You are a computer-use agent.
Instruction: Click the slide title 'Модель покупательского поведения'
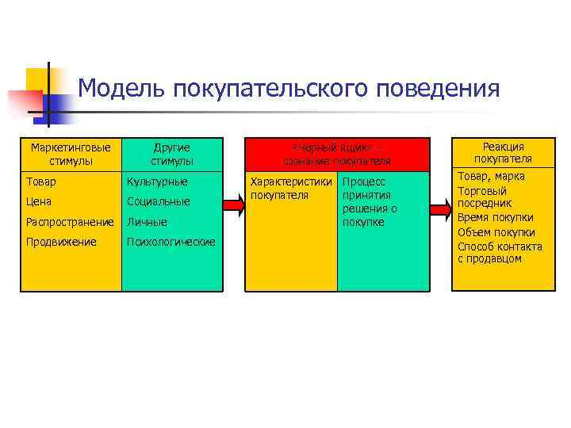[x=289, y=88]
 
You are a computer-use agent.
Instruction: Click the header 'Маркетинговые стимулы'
[x=70, y=154]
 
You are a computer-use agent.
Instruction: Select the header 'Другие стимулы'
[x=171, y=154]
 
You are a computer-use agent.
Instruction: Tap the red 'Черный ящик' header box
[x=341, y=154]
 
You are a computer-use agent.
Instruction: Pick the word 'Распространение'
[x=71, y=222]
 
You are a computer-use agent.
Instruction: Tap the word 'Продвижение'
[x=60, y=241]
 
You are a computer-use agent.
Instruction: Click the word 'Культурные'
[x=157, y=182]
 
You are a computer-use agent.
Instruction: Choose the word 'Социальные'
[x=159, y=201]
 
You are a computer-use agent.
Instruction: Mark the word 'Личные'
[x=147, y=222]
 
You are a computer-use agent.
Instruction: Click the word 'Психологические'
[x=171, y=241]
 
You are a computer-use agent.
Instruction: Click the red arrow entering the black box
[x=233, y=206]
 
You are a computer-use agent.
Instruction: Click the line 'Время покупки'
[x=496, y=218]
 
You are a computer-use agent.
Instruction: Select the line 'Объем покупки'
[x=496, y=232]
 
